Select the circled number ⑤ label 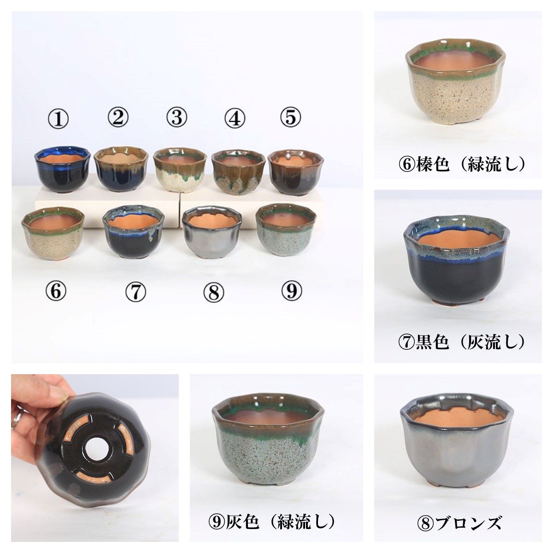pos(290,118)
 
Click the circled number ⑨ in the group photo pos(291,291)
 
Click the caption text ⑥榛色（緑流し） pos(461,164)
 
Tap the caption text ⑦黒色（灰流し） pos(461,342)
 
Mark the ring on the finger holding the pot pos(17,418)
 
